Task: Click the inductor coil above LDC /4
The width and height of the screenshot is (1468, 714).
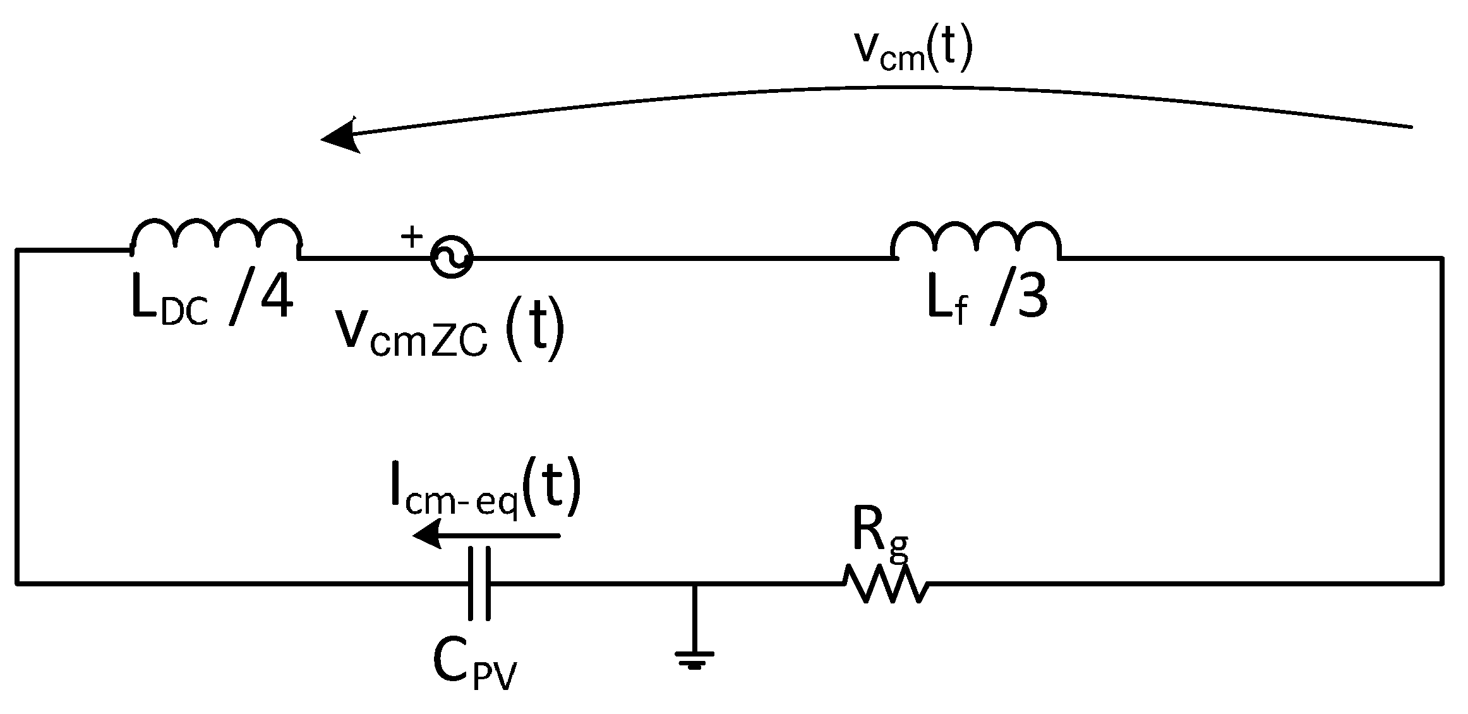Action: pos(216,239)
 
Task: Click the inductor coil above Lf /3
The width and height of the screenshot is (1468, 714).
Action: pos(976,241)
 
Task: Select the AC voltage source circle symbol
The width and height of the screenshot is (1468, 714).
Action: pos(452,258)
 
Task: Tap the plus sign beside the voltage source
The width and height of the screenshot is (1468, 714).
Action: pos(412,238)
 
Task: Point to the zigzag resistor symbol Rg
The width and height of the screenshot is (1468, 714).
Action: pos(886,584)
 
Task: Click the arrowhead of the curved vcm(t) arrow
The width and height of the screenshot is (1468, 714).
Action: pos(341,136)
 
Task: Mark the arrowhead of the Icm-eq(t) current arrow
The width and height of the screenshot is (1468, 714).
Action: pos(426,536)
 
